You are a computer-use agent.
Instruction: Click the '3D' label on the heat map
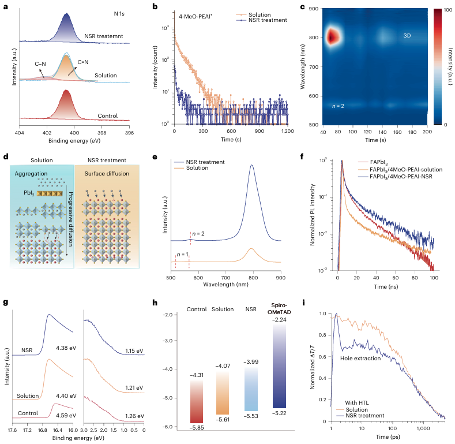pyautogui.click(x=407, y=35)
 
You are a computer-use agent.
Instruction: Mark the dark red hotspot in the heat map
pyautogui.click(x=332, y=38)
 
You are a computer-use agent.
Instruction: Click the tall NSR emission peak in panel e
pyautogui.click(x=251, y=166)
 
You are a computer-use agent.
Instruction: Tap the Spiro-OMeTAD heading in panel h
pyautogui.click(x=280, y=307)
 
